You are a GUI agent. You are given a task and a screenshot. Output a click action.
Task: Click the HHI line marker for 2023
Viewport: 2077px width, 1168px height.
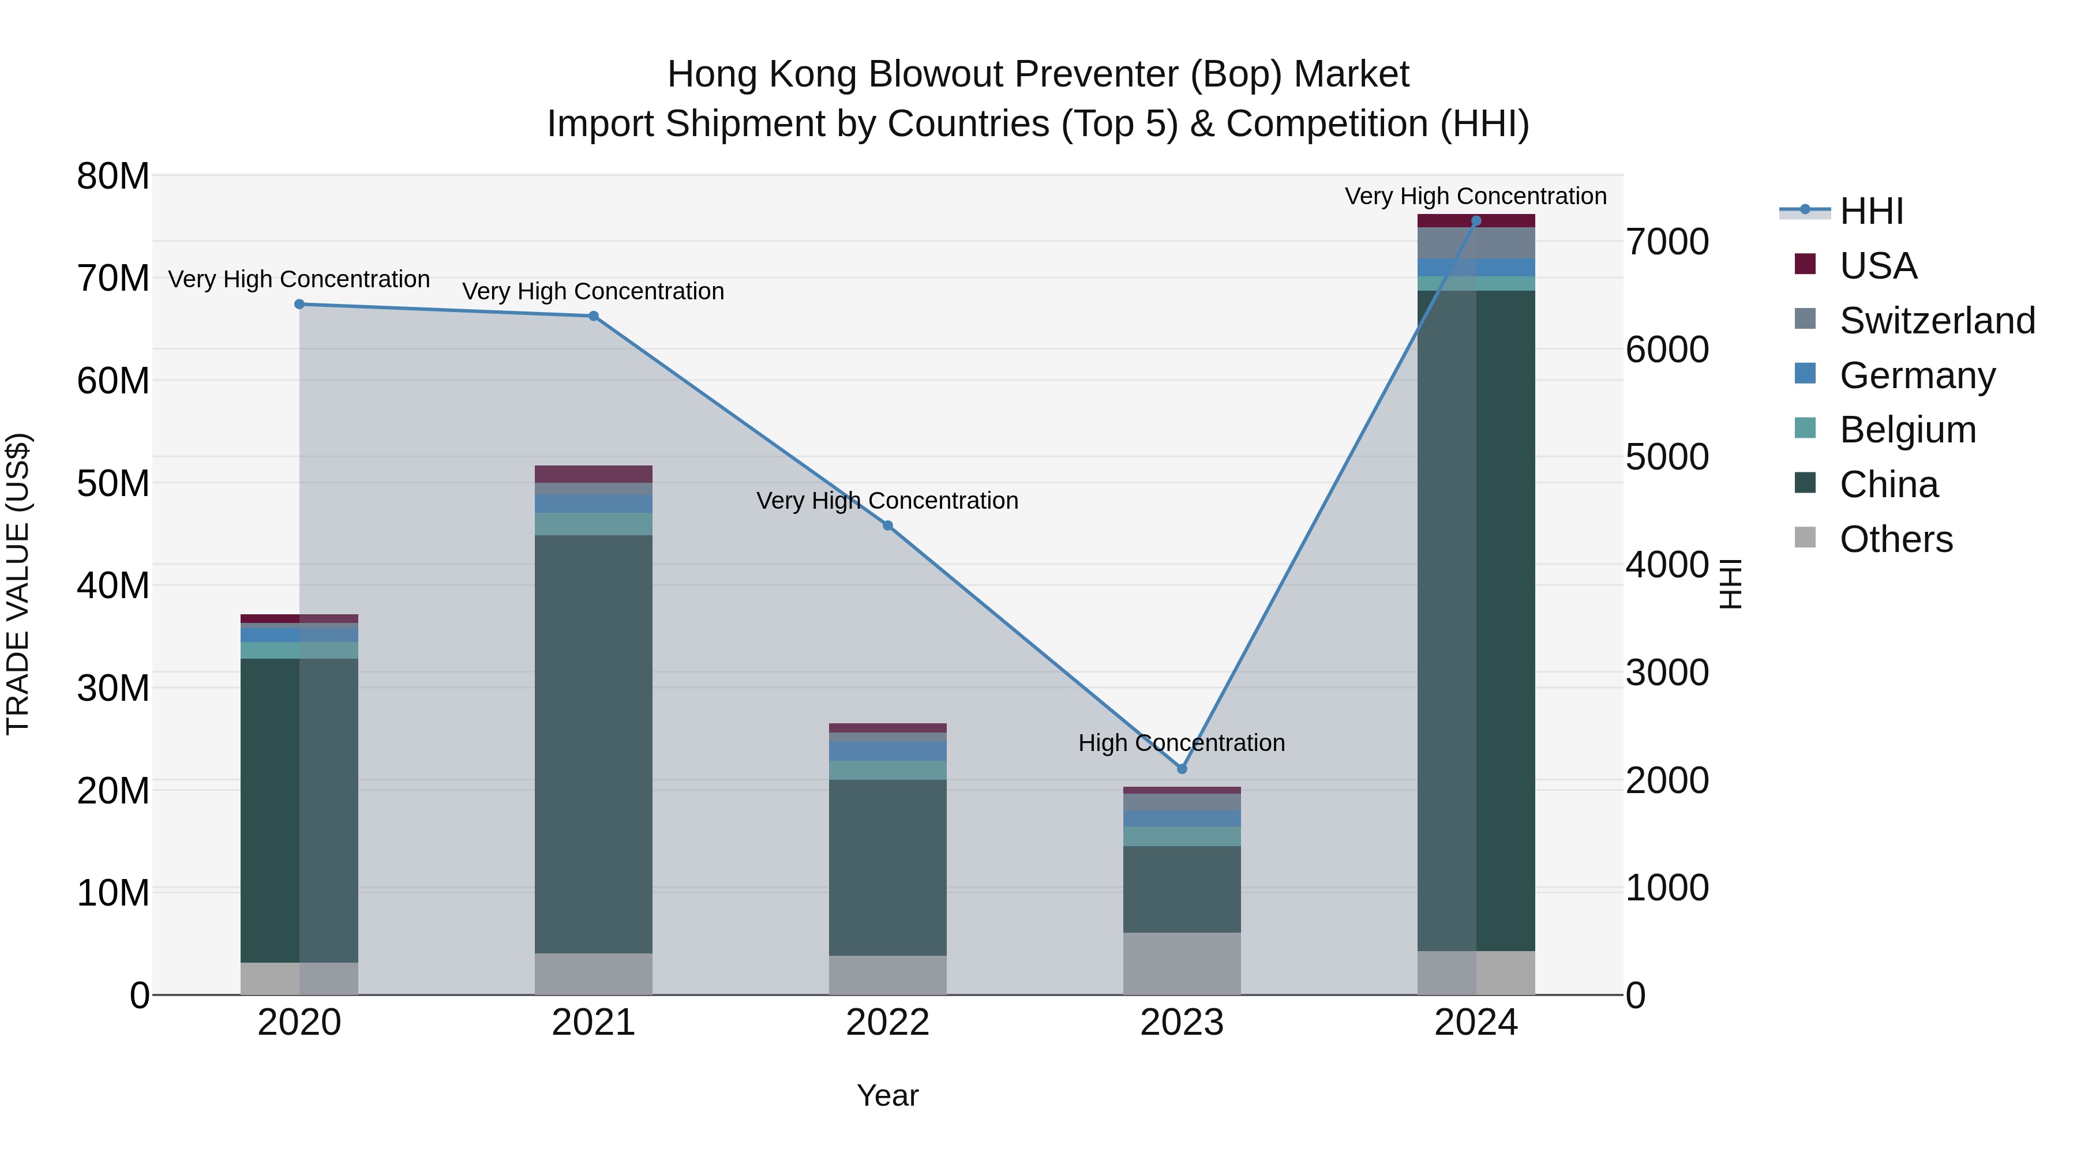pyautogui.click(x=1182, y=768)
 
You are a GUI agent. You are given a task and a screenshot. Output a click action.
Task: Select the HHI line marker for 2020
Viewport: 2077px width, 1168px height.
pyautogui.click(x=299, y=304)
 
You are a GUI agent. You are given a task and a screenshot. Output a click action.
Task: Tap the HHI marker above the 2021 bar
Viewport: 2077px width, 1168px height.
pyautogui.click(x=594, y=316)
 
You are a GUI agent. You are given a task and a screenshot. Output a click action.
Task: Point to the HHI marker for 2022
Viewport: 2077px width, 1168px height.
pyautogui.click(x=888, y=525)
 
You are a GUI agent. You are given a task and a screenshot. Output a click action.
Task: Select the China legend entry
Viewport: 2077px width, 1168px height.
pyautogui.click(x=1888, y=485)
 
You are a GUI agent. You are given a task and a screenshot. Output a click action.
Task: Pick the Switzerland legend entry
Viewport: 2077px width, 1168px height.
pyautogui.click(x=1937, y=320)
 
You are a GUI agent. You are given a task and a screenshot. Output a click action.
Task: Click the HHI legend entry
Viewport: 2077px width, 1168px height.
pyautogui.click(x=1870, y=211)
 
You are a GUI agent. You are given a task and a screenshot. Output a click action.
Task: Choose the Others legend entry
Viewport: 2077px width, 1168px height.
pyautogui.click(x=1896, y=539)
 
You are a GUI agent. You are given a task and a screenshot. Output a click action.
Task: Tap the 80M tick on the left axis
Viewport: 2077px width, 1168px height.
pyautogui.click(x=113, y=176)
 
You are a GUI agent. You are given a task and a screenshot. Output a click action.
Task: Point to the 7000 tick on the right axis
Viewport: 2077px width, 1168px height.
pyautogui.click(x=1667, y=242)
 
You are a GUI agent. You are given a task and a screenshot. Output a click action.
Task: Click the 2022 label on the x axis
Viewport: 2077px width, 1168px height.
pyautogui.click(x=888, y=1023)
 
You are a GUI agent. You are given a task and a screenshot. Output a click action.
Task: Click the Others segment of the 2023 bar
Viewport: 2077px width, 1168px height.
pyautogui.click(x=1182, y=963)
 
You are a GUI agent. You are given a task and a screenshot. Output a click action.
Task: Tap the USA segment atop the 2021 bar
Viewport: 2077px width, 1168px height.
pyautogui.click(x=594, y=474)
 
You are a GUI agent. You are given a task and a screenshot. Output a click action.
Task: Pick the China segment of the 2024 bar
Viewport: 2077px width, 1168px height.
pyautogui.click(x=1476, y=621)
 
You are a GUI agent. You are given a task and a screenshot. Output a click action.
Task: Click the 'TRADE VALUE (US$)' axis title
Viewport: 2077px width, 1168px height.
pyautogui.click(x=18, y=584)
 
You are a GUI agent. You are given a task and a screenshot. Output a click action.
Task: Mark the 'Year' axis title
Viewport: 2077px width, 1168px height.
pyautogui.click(x=888, y=1095)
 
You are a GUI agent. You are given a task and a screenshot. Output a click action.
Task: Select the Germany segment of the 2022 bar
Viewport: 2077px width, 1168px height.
pyautogui.click(x=888, y=750)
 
